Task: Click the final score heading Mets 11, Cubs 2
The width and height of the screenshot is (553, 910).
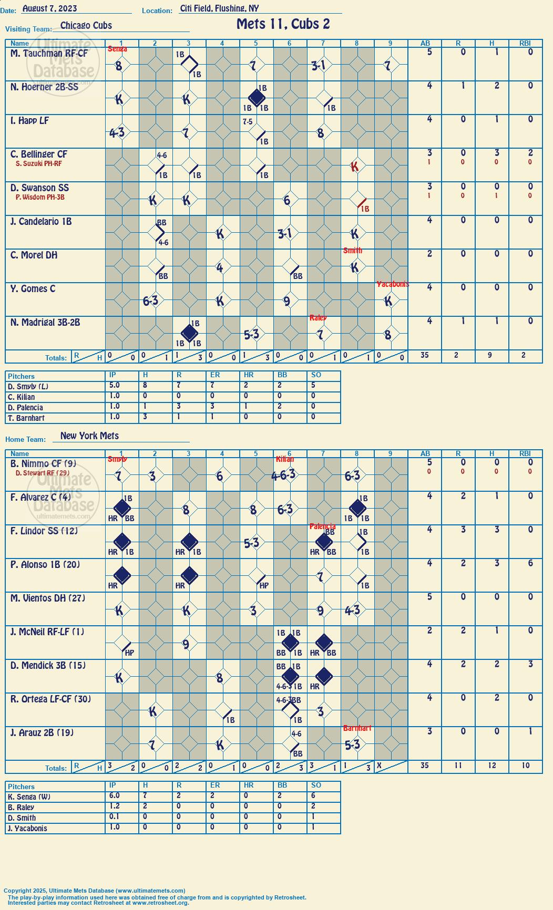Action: pos(283,24)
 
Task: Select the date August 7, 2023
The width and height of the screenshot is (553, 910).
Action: pos(50,8)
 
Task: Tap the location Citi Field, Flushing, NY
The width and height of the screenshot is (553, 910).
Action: pos(219,8)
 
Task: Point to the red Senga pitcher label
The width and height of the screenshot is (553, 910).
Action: pos(117,49)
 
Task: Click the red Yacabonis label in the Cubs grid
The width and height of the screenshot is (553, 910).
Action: pos(393,284)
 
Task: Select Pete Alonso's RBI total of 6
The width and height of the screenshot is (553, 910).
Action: pos(530,563)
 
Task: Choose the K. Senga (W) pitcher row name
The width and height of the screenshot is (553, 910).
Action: pos(29,797)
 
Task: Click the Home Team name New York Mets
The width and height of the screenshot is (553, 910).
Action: pos(89,436)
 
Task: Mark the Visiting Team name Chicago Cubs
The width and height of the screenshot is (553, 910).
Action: pos(86,25)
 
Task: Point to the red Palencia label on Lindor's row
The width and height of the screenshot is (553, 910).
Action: pos(322,526)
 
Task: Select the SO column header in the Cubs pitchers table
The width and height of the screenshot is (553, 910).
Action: pos(316,375)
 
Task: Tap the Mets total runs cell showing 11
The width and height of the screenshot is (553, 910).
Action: pos(458,766)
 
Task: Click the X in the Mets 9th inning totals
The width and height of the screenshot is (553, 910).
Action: pos(378,766)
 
